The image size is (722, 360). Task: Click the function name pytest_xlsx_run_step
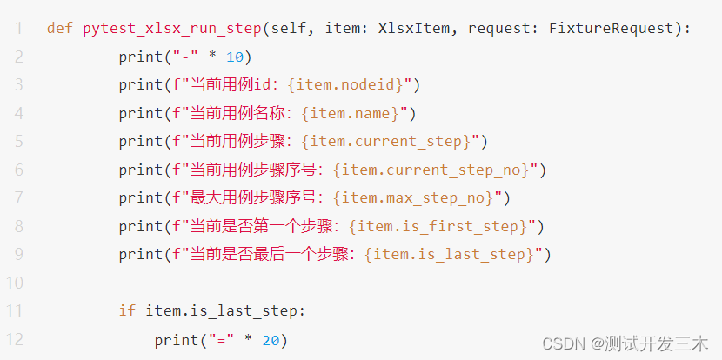tap(171, 29)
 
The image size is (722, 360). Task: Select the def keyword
tap(60, 29)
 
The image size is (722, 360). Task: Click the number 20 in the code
tap(271, 340)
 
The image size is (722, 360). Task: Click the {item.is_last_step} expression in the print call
tap(451, 255)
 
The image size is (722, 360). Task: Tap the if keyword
tap(127, 311)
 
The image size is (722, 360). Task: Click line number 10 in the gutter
tap(16, 283)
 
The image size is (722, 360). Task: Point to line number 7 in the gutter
tap(18, 198)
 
